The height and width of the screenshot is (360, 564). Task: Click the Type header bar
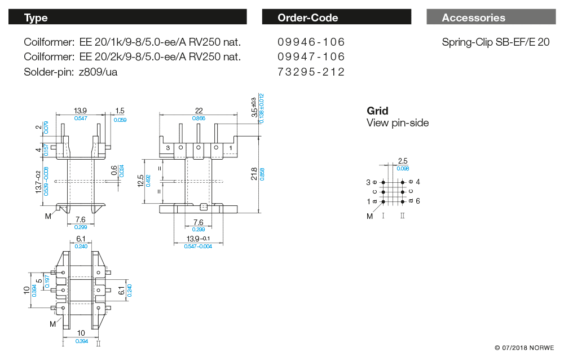(x=127, y=17)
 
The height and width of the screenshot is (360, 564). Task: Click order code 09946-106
(x=311, y=42)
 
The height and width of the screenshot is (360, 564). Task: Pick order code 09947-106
(x=311, y=56)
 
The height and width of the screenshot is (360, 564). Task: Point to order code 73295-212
(x=311, y=72)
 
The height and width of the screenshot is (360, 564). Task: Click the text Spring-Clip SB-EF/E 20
(x=495, y=42)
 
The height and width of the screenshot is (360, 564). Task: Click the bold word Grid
(x=377, y=111)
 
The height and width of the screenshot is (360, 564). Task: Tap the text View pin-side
(x=397, y=122)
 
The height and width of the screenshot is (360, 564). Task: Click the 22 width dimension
(x=199, y=111)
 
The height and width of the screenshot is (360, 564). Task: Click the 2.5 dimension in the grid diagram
(x=403, y=161)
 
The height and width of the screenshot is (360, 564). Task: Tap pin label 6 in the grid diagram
(x=417, y=201)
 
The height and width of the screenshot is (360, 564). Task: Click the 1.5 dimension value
(x=120, y=111)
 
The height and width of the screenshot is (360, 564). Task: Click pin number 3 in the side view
(x=168, y=148)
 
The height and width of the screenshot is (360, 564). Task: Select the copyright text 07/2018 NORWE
(x=524, y=348)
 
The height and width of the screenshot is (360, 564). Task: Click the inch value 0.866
(x=199, y=118)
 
